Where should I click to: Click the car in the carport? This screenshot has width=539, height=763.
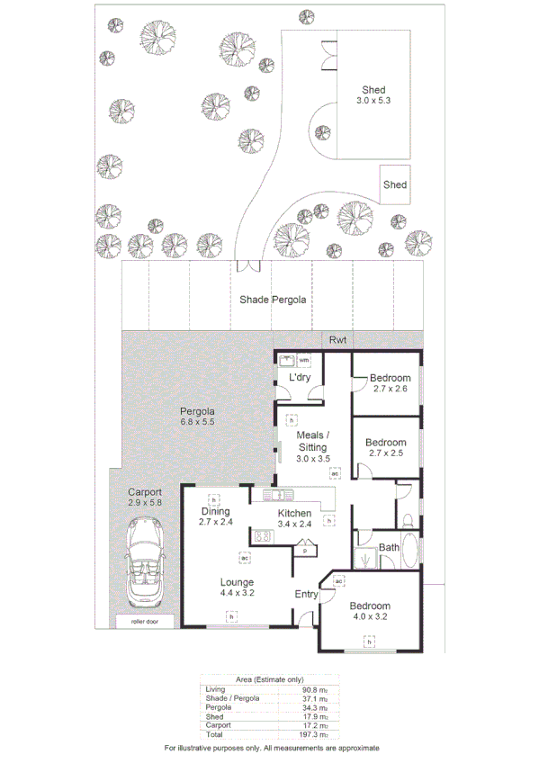pos(144,563)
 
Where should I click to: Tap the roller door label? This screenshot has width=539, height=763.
pos(144,621)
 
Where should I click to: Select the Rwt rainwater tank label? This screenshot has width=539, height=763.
pos(337,340)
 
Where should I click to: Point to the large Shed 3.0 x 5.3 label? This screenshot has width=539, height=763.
pos(374,95)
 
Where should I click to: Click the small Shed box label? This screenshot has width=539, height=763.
pos(395,184)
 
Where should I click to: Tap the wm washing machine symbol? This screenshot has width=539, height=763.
pos(303,361)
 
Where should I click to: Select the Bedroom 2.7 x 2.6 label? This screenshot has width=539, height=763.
pos(388,383)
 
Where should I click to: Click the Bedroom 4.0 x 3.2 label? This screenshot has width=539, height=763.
pos(369,611)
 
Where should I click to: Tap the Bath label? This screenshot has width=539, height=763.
pos(389,547)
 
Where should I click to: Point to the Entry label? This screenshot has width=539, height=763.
pos(307,594)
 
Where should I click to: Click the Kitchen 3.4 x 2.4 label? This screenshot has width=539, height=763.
pos(294,518)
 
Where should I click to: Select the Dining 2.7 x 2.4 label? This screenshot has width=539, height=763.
pos(216,516)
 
